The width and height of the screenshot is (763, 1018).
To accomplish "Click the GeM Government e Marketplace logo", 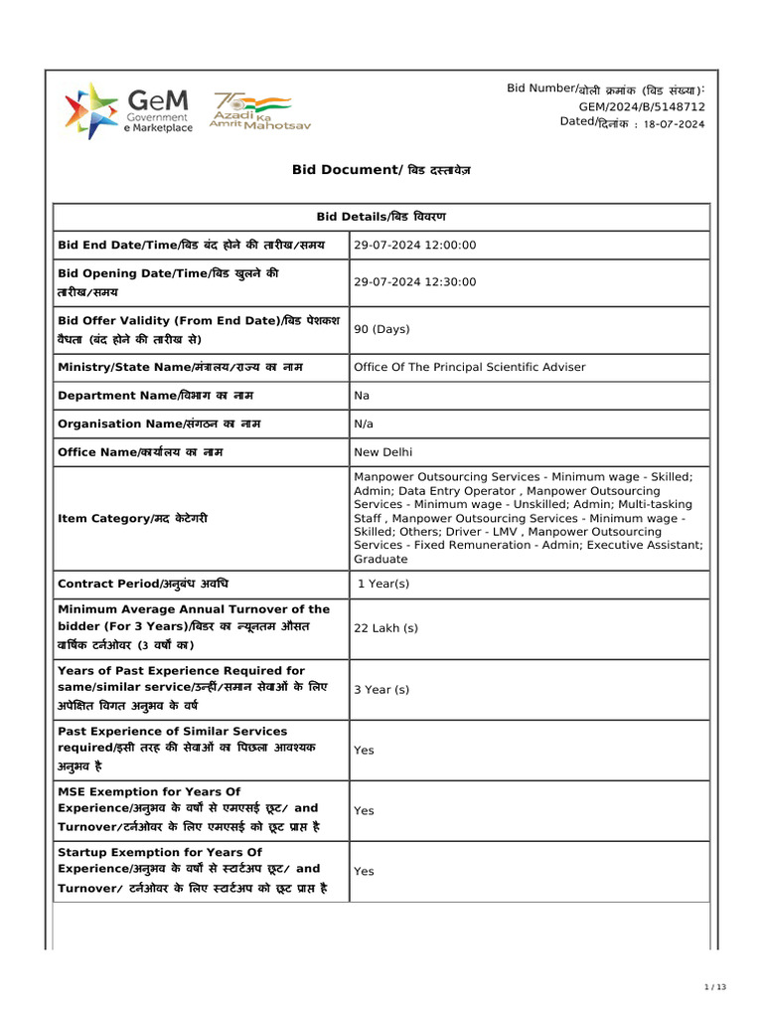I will (128, 111).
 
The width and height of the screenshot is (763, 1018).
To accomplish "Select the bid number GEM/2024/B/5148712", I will (642, 105).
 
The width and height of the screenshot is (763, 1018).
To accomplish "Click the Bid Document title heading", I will (381, 170).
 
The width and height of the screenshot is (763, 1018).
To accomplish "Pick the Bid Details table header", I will (381, 217).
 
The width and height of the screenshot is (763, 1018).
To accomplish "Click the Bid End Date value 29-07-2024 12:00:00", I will (415, 245).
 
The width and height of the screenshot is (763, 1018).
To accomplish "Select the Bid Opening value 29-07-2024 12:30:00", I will (415, 282).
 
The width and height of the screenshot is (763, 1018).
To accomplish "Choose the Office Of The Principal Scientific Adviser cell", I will (470, 367).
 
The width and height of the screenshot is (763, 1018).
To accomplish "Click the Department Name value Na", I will (362, 396).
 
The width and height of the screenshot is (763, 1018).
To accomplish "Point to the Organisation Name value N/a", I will (364, 424).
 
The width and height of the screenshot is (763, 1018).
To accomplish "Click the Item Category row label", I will (133, 519).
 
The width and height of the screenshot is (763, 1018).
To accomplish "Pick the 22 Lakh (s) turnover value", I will (385, 628).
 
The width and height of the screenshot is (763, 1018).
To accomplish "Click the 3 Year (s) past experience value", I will (381, 689).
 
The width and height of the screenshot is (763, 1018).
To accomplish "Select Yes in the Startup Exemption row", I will (364, 871).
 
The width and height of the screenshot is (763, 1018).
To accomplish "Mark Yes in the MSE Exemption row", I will (364, 810).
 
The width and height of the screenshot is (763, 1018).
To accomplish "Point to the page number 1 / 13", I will (715, 987).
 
